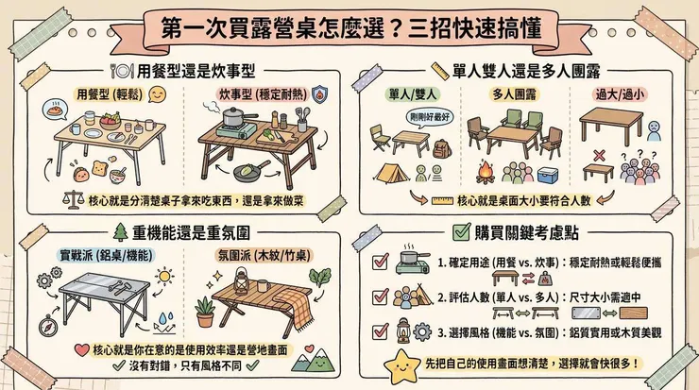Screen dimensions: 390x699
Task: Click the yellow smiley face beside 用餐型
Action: click(159, 94)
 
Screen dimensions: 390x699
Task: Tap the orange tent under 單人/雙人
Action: click(389, 173)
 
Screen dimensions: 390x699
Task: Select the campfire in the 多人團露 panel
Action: click(486, 172)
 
